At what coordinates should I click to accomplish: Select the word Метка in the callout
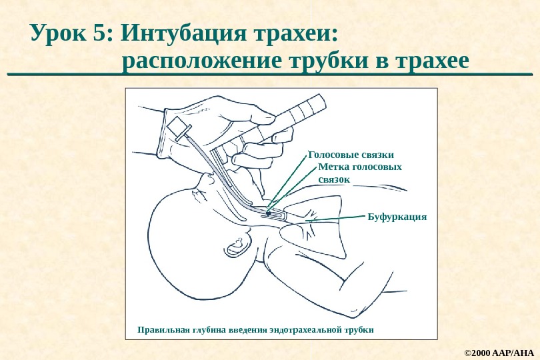pos(334,167)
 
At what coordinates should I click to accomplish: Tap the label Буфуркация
pos(397,217)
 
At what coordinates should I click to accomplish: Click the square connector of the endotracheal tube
pos(178,127)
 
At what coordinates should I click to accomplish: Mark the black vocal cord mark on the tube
pos(267,213)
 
